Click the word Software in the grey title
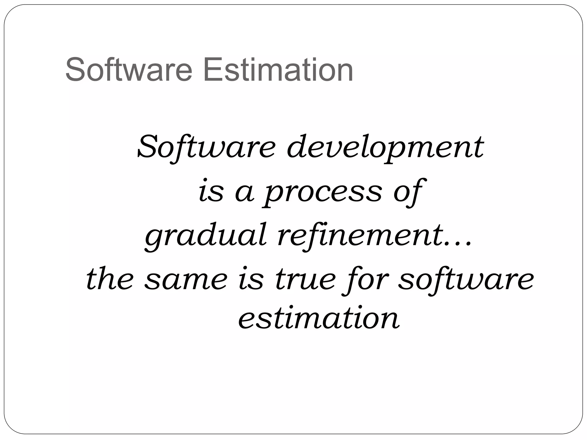(129, 70)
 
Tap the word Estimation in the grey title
(278, 70)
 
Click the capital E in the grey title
(211, 70)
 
